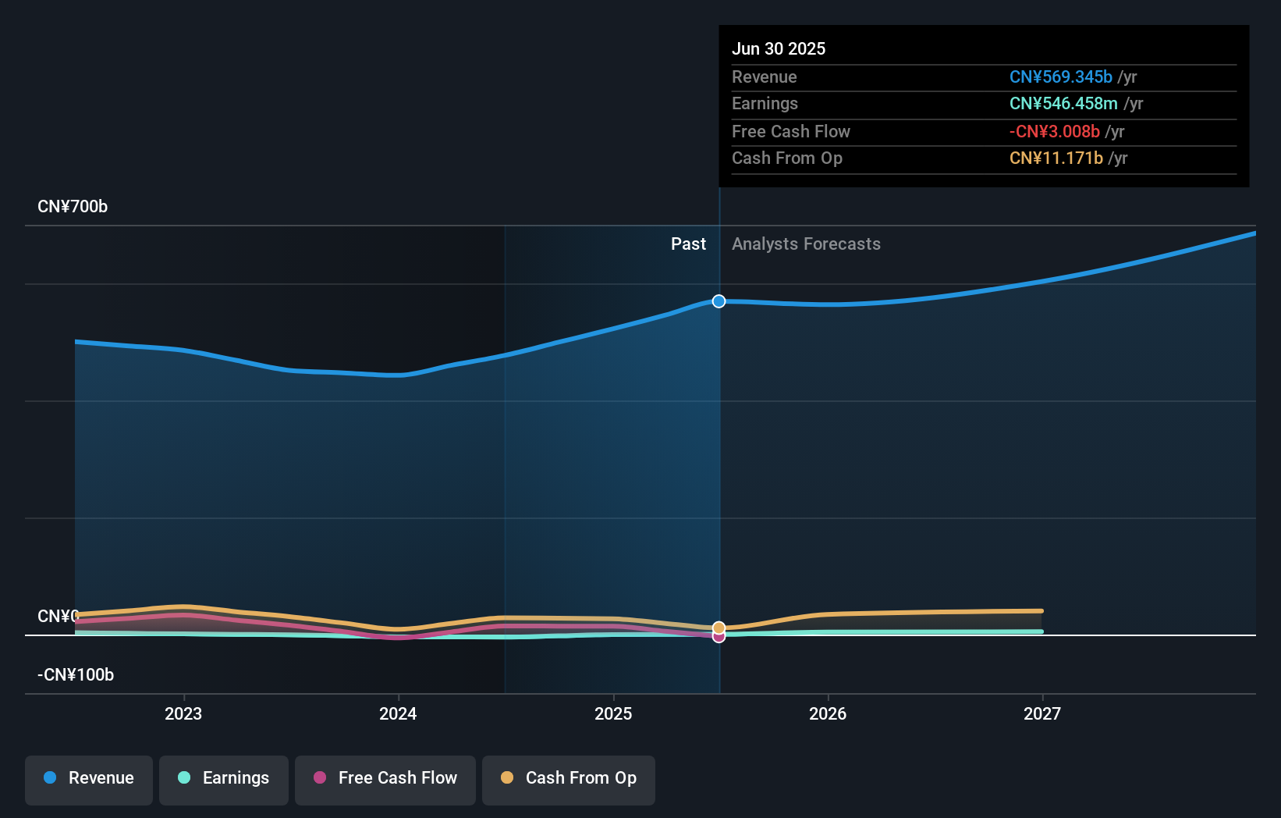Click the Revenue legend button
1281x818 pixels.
tap(89, 778)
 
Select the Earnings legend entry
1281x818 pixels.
tap(224, 778)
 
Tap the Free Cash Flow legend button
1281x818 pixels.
tap(385, 778)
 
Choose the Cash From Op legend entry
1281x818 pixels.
tap(569, 778)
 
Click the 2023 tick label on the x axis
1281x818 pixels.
tap(183, 713)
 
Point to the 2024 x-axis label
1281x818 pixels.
tap(398, 713)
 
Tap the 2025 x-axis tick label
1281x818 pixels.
tap(613, 713)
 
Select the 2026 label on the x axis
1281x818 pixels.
tap(828, 713)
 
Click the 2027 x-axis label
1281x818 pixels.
tap(1042, 713)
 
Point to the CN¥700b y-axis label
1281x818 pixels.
tap(73, 207)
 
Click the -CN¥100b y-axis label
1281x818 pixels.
tap(76, 675)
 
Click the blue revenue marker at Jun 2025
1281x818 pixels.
tap(719, 301)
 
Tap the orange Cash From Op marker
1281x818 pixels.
tap(719, 628)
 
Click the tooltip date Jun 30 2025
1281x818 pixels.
tap(779, 48)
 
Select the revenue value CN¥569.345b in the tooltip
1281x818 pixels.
tap(1060, 76)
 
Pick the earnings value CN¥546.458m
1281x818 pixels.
tap(1063, 104)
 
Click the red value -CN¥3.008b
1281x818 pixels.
tap(1054, 131)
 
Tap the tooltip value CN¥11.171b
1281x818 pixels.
tap(1056, 158)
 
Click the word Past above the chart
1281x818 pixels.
tap(688, 244)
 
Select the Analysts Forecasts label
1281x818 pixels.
tap(806, 244)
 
